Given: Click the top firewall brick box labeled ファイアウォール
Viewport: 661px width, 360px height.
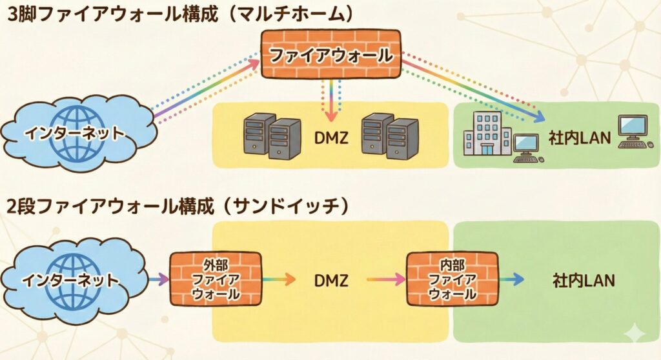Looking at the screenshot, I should click(330, 55).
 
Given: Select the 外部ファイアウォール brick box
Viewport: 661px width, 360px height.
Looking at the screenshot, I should click(215, 279).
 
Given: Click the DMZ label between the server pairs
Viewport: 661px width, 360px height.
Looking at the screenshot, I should click(330, 137).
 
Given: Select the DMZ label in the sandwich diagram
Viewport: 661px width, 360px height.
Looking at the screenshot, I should click(330, 280).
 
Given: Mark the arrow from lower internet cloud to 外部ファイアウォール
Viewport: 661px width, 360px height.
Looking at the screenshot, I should click(157, 279).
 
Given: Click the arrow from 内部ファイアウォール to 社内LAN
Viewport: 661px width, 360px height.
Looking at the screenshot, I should click(511, 279).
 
